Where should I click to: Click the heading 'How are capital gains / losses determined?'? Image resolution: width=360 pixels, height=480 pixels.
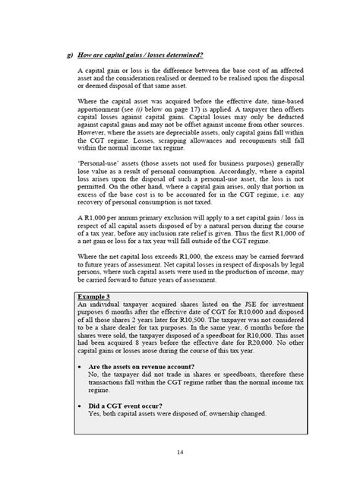[141, 55]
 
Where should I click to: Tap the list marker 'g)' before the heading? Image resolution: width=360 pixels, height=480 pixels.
[70, 55]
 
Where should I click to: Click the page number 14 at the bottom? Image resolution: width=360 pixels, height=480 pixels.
[179, 453]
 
